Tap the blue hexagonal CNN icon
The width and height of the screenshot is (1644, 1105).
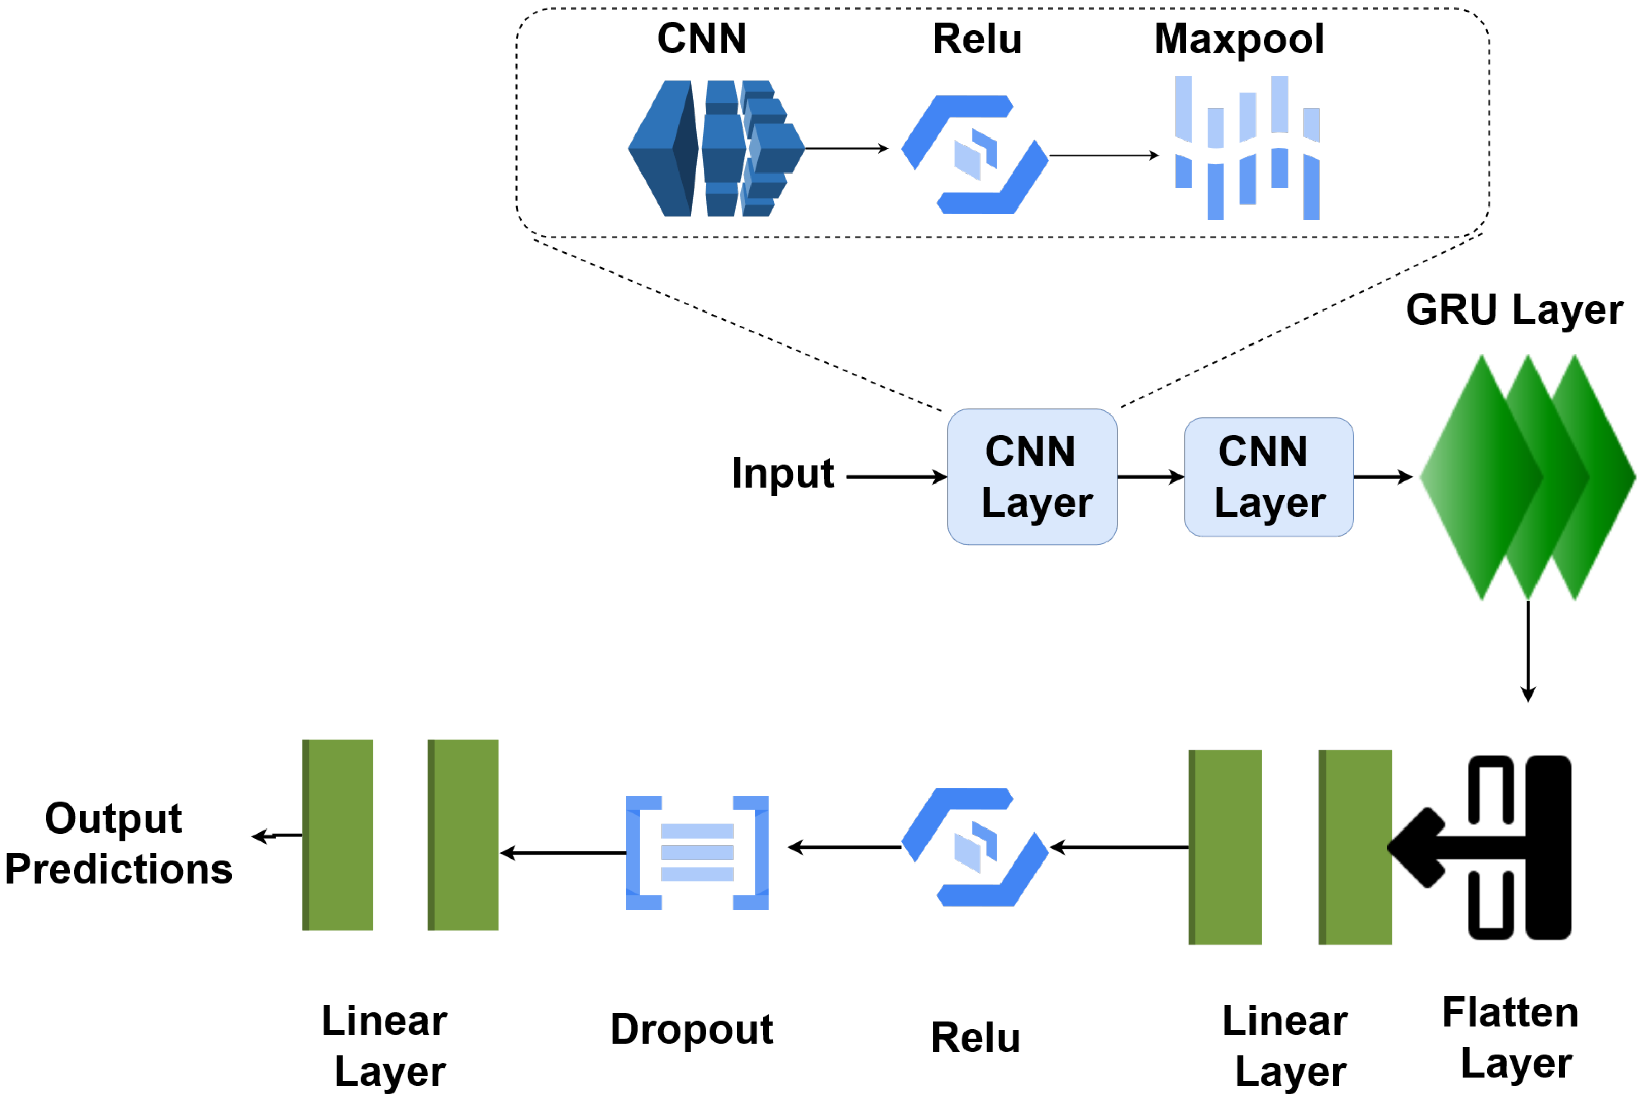[x=715, y=148]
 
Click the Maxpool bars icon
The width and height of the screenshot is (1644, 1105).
[x=1247, y=148]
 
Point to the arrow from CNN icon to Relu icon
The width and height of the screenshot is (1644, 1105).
[x=845, y=148]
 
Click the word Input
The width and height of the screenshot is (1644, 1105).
[x=782, y=473]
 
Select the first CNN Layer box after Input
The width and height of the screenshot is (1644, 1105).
[x=1031, y=477]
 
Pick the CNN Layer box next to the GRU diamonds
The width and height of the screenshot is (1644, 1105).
[x=1268, y=477]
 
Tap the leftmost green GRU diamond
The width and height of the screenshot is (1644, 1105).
[x=1479, y=477]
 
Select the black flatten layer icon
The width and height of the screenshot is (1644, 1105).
[x=1486, y=847]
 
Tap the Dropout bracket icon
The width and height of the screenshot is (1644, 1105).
[x=697, y=853]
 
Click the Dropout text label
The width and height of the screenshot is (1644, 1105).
[x=691, y=1029]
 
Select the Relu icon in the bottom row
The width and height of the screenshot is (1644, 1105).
[x=974, y=847]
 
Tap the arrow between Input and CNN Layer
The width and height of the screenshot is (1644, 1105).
[x=895, y=477]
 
